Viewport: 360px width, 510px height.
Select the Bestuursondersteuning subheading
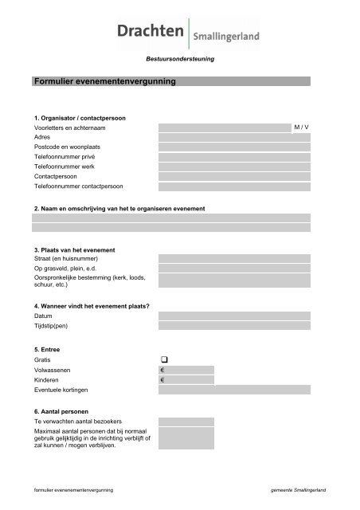(x=179, y=60)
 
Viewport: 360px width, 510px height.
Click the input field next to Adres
(x=234, y=137)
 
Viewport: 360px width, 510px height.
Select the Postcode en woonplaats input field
(x=234, y=147)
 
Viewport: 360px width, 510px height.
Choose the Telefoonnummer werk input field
(x=234, y=167)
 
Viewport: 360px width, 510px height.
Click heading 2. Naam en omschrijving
(x=119, y=208)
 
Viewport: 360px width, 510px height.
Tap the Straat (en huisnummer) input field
(x=234, y=258)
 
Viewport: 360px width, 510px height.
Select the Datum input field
(x=234, y=316)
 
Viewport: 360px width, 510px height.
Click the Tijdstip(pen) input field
(x=234, y=326)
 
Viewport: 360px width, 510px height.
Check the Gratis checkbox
(x=163, y=360)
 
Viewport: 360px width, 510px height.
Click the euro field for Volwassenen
(x=186, y=370)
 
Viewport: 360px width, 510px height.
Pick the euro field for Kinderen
(x=186, y=380)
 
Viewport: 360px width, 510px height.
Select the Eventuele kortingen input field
(x=234, y=390)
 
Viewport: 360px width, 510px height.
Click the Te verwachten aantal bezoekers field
(x=186, y=421)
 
